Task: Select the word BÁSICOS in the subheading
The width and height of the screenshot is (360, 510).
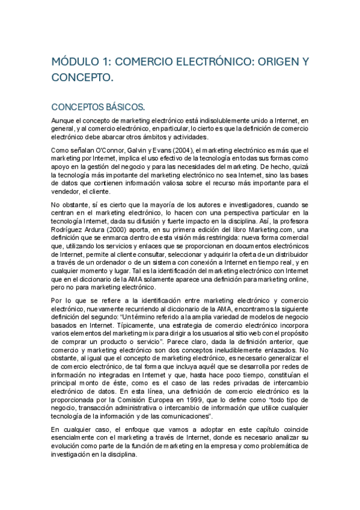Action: point(125,107)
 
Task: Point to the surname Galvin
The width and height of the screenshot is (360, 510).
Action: point(127,149)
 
